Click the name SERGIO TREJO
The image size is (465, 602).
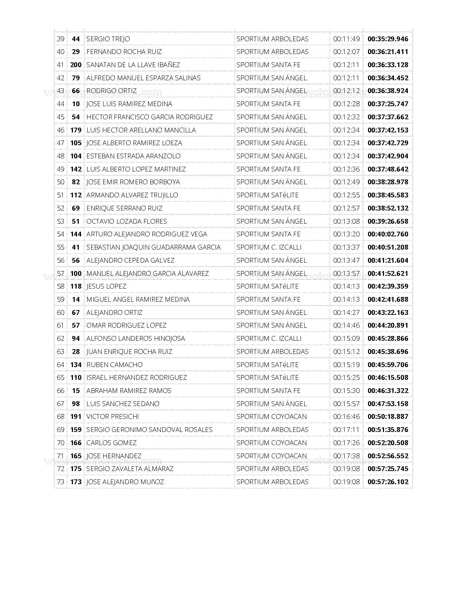pos(108,39)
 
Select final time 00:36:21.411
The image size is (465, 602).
pos(388,52)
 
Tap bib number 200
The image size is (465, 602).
pos(76,65)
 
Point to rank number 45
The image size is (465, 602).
pos(61,117)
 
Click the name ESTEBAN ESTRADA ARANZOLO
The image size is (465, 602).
pos(133,156)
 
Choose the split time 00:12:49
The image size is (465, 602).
pos(346,182)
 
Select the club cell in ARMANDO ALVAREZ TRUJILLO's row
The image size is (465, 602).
pos(267,195)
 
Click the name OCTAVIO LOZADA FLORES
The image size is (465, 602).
pos(127,221)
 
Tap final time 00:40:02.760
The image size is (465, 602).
pos(388,234)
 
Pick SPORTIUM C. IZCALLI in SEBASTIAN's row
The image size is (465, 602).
pos(269,247)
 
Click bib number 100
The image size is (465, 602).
pos(76,274)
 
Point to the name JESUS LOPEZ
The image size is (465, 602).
pos(106,286)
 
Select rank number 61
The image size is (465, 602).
pos(61,325)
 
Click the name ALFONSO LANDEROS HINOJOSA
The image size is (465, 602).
pos(135,339)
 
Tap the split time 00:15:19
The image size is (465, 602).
pos(346,365)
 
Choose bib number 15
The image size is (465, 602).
pos(76,391)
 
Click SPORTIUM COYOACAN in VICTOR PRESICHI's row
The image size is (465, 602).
pos(271,417)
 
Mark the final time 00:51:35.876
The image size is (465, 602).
pos(388,430)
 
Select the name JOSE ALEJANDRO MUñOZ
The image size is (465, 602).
pos(125,482)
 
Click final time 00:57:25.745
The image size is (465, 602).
pos(388,469)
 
